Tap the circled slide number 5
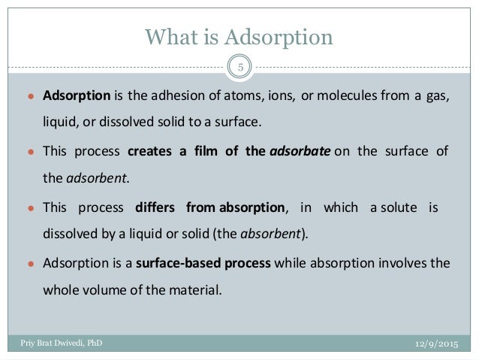[x=240, y=68]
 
